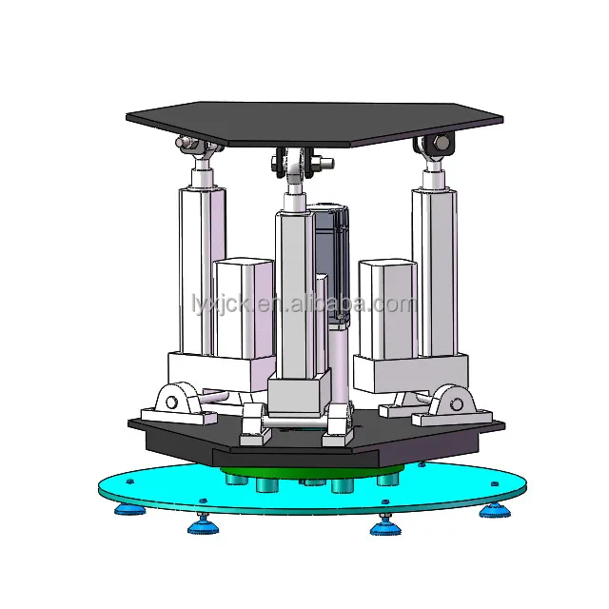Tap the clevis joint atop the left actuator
tap(194, 148)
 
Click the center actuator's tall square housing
tap(294, 285)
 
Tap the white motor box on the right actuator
tap(387, 309)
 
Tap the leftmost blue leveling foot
tap(128, 508)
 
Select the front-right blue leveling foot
tap(383, 524)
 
